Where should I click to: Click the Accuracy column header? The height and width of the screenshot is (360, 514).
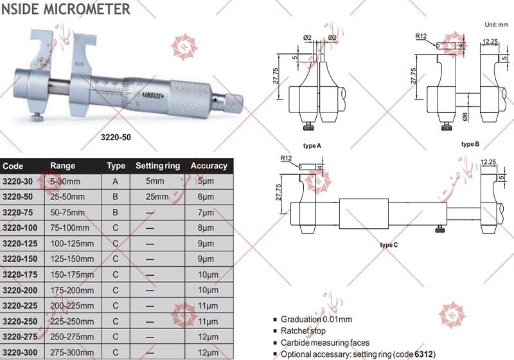point(209,166)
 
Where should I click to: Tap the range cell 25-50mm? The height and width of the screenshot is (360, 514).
point(67,197)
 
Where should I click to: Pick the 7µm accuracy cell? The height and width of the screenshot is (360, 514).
point(206,212)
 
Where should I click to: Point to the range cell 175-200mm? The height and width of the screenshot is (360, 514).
point(72,290)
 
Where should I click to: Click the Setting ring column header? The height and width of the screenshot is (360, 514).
point(157,166)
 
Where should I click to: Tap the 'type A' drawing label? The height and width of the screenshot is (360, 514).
point(312,146)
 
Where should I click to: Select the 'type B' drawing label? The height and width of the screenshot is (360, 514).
point(470,144)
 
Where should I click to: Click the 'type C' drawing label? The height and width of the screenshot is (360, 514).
point(389,245)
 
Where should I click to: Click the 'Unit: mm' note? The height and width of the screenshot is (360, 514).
point(496,24)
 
